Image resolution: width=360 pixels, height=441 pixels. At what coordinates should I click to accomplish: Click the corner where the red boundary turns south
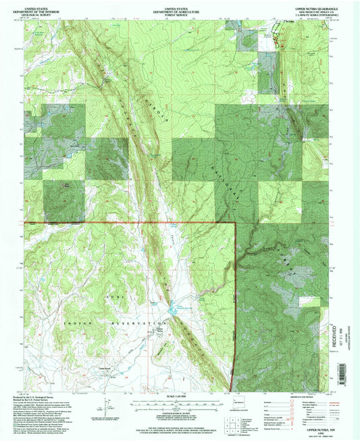234,222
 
